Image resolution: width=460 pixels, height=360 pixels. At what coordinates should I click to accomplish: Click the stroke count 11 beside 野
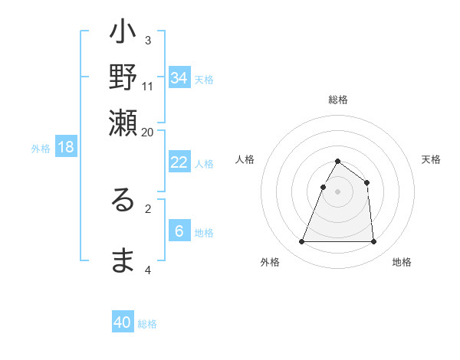pyautogui.click(x=148, y=86)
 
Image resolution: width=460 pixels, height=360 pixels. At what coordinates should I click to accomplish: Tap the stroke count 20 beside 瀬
pyautogui.click(x=148, y=131)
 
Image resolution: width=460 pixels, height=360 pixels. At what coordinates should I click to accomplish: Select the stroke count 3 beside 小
pyautogui.click(x=148, y=40)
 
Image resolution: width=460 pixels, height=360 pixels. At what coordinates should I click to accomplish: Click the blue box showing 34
pyautogui.click(x=179, y=77)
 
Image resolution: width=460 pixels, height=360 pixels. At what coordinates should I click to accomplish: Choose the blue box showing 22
pyautogui.click(x=179, y=162)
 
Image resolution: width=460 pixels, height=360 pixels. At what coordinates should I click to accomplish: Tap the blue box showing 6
pyautogui.click(x=179, y=231)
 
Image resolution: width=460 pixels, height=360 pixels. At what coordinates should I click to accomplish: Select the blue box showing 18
pyautogui.click(x=66, y=147)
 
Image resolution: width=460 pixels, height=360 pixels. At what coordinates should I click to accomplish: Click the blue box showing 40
pyautogui.click(x=123, y=322)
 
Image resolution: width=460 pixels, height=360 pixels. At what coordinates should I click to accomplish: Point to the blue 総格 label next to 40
pyautogui.click(x=147, y=324)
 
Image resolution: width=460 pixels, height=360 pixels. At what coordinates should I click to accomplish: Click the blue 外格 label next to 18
pyautogui.click(x=41, y=149)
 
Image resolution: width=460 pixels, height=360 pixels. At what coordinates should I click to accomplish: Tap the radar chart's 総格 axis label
pyautogui.click(x=337, y=100)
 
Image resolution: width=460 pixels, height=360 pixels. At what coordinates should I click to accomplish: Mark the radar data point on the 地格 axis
pyautogui.click(x=373, y=242)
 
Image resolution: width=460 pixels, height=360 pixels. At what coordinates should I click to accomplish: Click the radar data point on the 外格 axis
pyautogui.click(x=301, y=242)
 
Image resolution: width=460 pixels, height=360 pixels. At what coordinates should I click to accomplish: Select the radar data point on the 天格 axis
pyautogui.click(x=367, y=182)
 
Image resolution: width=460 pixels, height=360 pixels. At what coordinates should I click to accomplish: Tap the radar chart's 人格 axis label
pyautogui.click(x=245, y=159)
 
